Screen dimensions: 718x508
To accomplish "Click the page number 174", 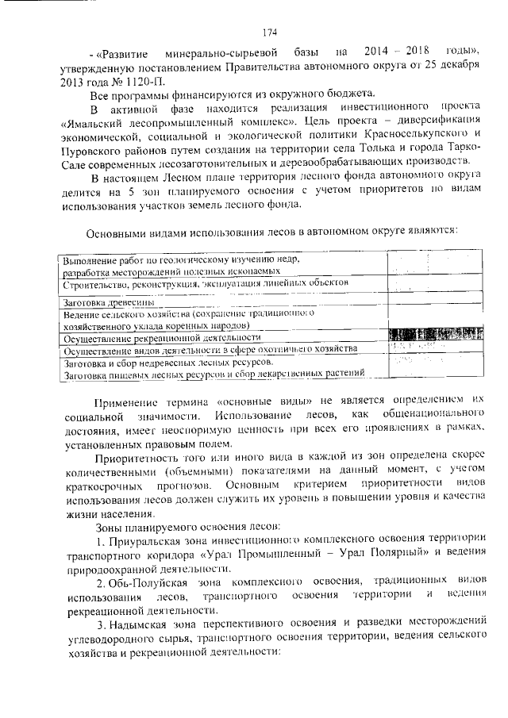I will pyautogui.click(x=268, y=33).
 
